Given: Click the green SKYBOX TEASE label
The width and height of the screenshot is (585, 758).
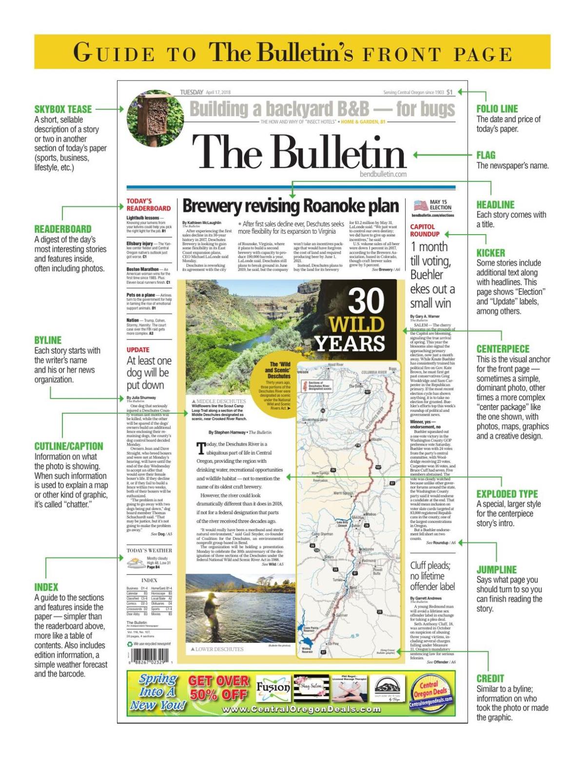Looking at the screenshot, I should tap(63, 109).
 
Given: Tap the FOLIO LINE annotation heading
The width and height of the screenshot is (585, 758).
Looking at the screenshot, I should tap(497, 109).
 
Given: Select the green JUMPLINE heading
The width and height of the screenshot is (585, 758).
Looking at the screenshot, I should tap(496, 569).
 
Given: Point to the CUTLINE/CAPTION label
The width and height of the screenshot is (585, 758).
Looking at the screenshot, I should tap(69, 446).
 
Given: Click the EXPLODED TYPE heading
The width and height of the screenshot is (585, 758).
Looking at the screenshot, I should tap(507, 494).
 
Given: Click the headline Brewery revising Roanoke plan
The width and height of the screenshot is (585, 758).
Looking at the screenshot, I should tap(291, 207).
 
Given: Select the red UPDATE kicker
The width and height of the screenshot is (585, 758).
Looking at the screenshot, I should tap(138, 350).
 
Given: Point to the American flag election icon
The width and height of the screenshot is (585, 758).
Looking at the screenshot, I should tap(420, 205).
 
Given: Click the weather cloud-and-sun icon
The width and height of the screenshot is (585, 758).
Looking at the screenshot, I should tap(136, 563).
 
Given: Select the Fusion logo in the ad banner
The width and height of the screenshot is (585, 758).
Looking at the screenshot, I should tap(273, 688).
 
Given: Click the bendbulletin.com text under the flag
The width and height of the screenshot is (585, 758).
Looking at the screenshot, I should tap(383, 174).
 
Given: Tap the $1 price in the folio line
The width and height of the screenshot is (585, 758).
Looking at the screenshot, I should tap(449, 92).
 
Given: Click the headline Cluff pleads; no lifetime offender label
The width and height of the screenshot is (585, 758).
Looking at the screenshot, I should tap(432, 576).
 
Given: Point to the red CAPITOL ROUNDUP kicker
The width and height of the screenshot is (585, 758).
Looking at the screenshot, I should tap(424, 230).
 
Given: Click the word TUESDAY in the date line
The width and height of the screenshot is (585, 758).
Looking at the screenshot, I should tap(192, 92).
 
